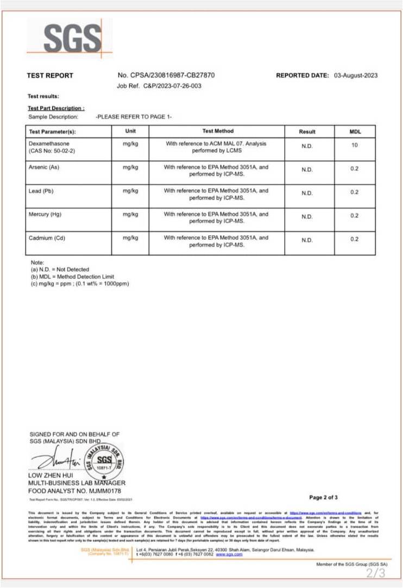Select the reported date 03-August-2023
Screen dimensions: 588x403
[x=356, y=76]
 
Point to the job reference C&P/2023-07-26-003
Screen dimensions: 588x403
[x=172, y=86]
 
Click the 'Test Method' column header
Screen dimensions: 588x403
[x=217, y=131]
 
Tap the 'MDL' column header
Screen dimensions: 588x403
[x=355, y=132]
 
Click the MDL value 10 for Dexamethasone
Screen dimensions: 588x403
[x=355, y=146]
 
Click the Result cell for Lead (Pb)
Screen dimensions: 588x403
[x=307, y=193]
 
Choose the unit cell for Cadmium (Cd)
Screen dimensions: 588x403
[x=130, y=238]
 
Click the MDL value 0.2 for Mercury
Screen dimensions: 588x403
[x=355, y=216]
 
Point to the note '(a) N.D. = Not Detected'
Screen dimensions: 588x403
[x=60, y=270]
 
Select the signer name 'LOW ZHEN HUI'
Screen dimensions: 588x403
[x=49, y=476]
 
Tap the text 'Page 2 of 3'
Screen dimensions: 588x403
[x=323, y=497]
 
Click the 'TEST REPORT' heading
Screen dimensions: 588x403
[x=50, y=76]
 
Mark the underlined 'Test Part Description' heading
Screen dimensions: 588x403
[x=56, y=109]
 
